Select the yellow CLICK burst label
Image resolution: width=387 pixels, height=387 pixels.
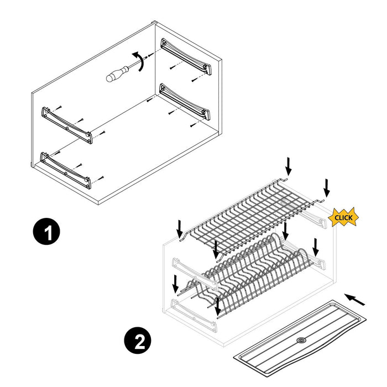point(343,217)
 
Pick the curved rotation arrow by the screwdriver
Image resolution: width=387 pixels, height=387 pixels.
point(141,62)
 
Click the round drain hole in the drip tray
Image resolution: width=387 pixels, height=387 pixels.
point(301,341)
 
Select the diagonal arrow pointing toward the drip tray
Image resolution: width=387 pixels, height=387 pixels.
point(355,300)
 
